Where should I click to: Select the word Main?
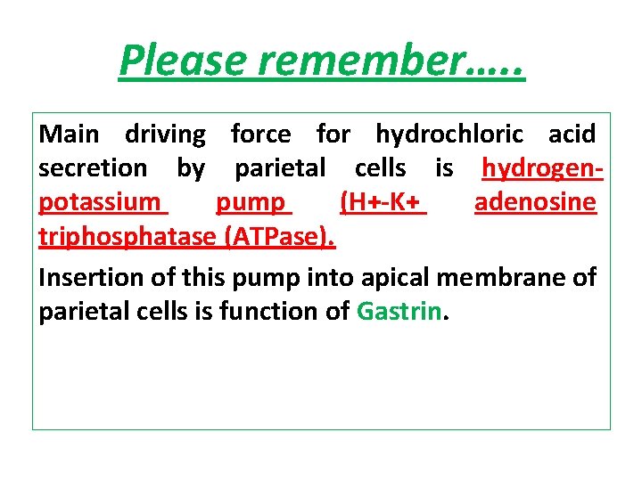(70, 135)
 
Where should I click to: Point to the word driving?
(165, 135)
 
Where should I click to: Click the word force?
(260, 135)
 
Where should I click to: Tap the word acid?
(572, 135)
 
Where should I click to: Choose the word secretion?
(93, 168)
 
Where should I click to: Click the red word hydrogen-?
(543, 168)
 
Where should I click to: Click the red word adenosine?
(535, 202)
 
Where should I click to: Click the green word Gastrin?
(399, 312)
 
